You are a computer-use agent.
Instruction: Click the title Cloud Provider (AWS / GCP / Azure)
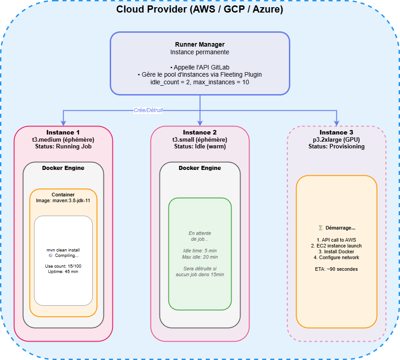(200, 10)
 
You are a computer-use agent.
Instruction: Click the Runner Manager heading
(200, 45)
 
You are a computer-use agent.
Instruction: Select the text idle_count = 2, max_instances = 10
(200, 82)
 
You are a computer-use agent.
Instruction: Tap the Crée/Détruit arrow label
(148, 110)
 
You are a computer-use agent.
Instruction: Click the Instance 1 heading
(63, 132)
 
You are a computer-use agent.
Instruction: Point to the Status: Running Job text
(63, 147)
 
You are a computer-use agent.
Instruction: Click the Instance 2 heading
(200, 132)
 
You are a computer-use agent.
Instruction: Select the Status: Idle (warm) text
(200, 147)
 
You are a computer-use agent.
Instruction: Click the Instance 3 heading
(336, 132)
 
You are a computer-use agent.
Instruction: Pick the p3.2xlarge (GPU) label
(336, 139)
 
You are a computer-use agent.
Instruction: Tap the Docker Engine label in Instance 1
(63, 168)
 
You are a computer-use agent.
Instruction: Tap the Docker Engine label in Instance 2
(200, 168)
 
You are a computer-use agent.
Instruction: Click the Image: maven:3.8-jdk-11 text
(63, 201)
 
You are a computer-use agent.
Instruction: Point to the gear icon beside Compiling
(51, 256)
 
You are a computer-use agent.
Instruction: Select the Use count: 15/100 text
(63, 266)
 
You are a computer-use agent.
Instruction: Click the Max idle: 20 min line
(200, 257)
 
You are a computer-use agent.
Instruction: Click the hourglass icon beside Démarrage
(321, 228)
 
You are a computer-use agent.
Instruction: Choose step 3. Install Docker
(336, 252)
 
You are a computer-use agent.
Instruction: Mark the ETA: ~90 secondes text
(336, 269)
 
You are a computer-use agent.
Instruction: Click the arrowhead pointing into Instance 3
(336, 123)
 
